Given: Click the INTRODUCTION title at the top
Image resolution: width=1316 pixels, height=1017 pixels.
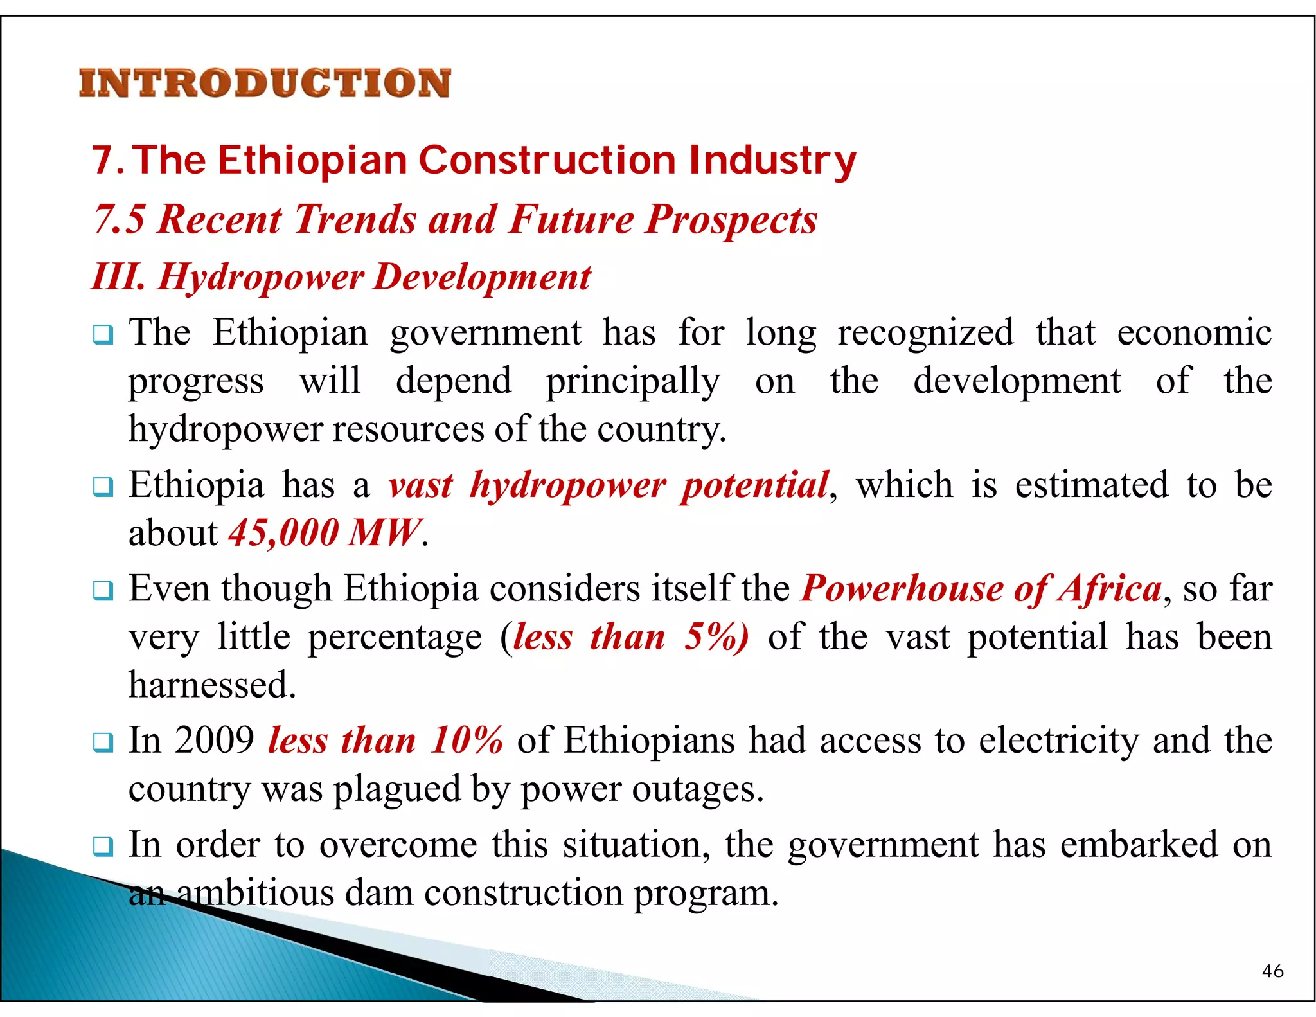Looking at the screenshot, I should click(x=265, y=84).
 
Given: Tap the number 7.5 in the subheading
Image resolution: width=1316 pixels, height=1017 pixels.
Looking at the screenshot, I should click(x=119, y=219).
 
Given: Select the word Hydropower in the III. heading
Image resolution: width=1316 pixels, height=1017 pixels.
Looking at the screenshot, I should click(x=261, y=277).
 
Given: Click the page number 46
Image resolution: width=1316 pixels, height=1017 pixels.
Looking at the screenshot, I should click(x=1272, y=971).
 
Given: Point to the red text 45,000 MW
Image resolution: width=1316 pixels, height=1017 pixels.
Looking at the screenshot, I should click(x=325, y=533).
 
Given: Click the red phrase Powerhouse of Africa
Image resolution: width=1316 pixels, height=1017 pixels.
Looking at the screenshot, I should click(x=982, y=588).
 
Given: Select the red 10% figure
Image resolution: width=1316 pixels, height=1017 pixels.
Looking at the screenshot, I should click(x=467, y=741).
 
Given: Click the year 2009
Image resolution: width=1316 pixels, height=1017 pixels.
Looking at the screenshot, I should click(x=215, y=741).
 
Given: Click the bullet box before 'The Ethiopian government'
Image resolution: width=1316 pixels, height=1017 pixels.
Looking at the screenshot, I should click(x=103, y=335).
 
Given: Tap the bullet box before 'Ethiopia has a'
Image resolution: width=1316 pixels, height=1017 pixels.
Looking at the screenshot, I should click(x=103, y=487).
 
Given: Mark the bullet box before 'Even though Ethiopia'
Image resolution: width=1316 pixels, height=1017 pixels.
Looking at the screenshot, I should click(x=103, y=590).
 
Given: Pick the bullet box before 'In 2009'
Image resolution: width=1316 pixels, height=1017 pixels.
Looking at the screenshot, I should click(x=103, y=742).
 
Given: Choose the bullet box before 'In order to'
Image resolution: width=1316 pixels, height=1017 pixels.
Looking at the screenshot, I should click(x=103, y=846).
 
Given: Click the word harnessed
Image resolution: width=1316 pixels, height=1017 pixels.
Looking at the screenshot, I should click(x=212, y=685).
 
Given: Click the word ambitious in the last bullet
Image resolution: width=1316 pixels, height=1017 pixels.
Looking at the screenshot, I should click(x=255, y=894).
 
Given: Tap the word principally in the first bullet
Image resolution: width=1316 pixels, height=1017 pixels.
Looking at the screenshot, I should click(x=633, y=382).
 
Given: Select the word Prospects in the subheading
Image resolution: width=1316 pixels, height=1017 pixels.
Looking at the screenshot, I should click(x=731, y=219).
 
